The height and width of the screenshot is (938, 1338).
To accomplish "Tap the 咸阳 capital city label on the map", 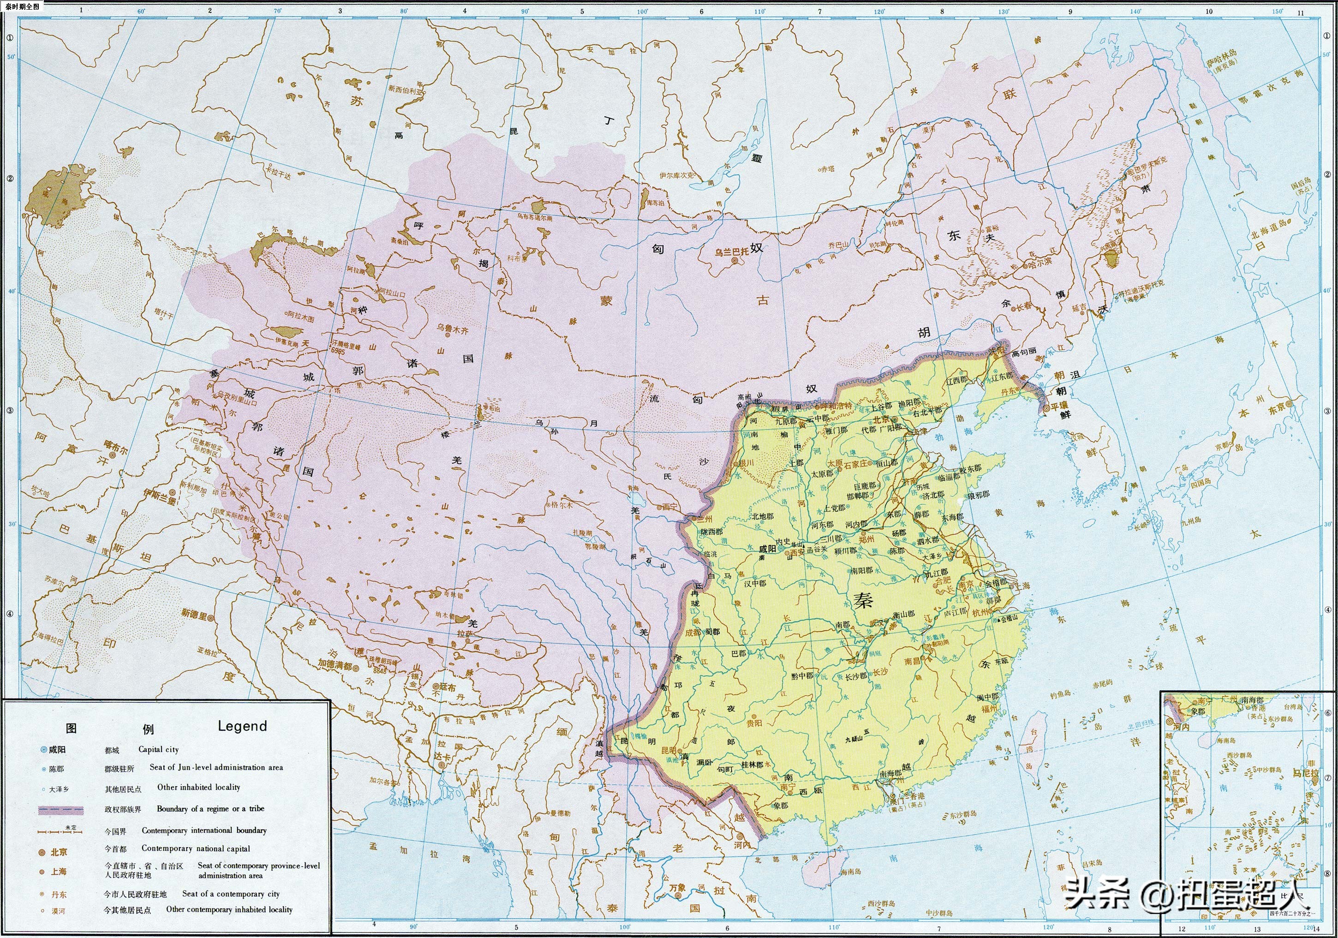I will [767, 549].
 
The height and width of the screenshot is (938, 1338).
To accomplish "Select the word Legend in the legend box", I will [242, 726].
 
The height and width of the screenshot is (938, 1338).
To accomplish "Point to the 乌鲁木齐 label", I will [452, 329].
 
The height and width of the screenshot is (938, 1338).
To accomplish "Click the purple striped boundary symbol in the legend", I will [60, 809].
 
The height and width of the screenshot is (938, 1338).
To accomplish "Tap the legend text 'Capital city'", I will [159, 749].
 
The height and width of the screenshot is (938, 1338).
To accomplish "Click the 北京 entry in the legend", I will [58, 852].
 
